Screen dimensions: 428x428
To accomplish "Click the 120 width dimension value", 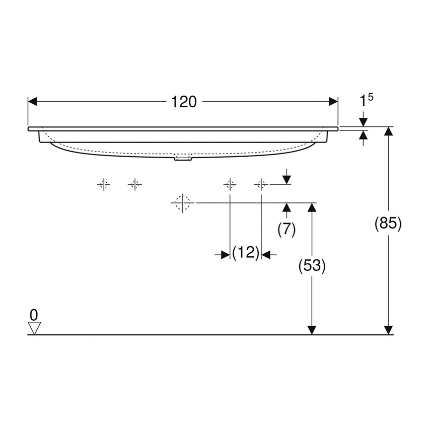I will (183, 102).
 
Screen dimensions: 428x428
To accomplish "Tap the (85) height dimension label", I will (388, 223).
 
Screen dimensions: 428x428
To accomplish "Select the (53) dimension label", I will (312, 265).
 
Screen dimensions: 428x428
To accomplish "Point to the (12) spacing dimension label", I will (245, 253).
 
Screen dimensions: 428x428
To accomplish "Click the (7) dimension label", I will (287, 229).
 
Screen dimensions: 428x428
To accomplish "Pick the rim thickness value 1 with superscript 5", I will (366, 101).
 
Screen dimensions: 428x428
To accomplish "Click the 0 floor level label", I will (34, 315).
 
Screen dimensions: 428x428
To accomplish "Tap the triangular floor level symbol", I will (34, 328).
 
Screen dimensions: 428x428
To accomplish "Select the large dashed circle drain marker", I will (182, 202).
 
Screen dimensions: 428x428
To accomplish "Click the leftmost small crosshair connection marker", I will (104, 185).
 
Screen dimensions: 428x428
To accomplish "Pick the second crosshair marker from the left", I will (135, 185).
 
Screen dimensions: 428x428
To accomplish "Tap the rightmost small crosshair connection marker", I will (261, 185).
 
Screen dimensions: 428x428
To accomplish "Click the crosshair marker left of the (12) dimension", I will (230, 185).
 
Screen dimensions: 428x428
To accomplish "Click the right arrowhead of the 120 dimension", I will (333, 102).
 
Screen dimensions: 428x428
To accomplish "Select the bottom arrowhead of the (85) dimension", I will (388, 330).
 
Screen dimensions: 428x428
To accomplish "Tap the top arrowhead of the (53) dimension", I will (312, 207).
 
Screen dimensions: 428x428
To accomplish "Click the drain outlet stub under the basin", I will (183, 159).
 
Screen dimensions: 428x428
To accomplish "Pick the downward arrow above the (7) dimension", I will (287, 179).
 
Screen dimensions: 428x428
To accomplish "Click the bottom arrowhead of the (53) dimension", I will (312, 330).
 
